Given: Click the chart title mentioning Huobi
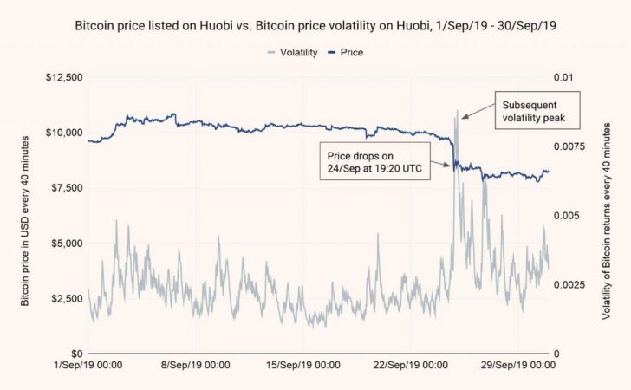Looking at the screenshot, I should [315, 26].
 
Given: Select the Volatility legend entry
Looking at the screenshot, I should [291, 52].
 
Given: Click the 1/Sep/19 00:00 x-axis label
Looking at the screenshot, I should [89, 367].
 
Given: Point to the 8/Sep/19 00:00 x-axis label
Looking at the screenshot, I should [196, 367].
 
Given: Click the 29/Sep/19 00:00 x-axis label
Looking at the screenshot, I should [517, 367].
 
